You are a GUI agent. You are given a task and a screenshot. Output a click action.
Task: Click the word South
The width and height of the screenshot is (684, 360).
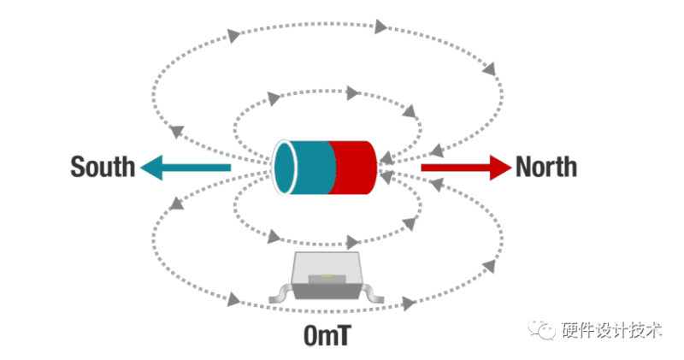pos(103,166)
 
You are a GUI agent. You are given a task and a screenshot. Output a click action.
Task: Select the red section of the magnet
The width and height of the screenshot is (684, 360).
pos(353,167)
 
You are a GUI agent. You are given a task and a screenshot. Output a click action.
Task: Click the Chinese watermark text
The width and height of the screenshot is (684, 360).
pos(610,330)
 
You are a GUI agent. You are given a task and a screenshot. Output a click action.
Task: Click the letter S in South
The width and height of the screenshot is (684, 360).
pos(78,166)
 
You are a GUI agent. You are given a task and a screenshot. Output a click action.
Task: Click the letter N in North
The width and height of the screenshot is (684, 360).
pos(525,166)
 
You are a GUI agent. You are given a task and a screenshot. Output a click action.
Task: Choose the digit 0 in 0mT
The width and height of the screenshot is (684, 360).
pos(311,335)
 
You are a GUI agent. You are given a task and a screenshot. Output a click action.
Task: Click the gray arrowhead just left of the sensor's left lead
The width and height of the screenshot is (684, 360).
pos(232,299)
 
